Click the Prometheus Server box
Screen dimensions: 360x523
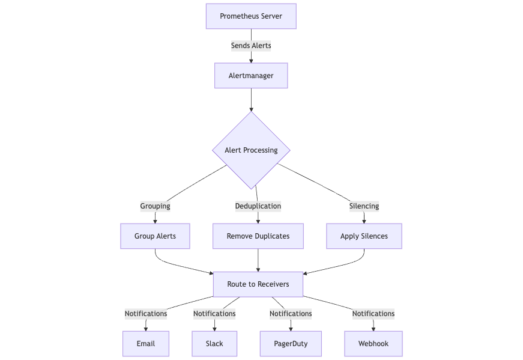251,16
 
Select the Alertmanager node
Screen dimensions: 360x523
251,76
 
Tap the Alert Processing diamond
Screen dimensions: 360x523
251,150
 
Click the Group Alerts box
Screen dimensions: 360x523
155,236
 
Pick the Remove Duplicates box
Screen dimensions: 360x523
258,236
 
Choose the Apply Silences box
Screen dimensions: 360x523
364,236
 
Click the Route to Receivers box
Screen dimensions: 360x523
258,284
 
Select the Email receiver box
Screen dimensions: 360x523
146,344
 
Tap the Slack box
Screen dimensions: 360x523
214,344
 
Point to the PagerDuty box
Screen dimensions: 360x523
291,344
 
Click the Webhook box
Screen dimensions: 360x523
373,344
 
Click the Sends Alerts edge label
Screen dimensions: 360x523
251,46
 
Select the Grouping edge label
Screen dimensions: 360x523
155,206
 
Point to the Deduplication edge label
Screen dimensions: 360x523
258,206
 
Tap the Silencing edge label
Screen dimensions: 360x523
364,206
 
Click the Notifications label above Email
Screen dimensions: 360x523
146,314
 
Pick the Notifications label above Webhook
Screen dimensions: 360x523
373,314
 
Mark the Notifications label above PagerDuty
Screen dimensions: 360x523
291,314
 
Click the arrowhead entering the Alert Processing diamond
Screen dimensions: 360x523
251,109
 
